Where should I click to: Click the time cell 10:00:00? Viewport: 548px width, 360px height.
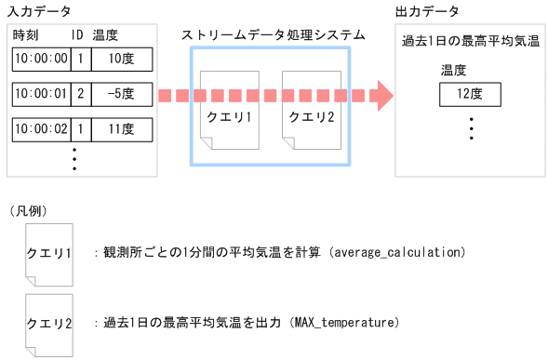point(39,59)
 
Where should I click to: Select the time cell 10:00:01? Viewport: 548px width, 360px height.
point(39,93)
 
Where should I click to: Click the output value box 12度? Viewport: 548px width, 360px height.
point(470,94)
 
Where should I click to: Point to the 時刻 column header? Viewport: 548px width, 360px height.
point(25,34)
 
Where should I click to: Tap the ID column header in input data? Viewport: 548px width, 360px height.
point(78,34)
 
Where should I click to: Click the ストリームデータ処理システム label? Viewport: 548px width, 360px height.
point(273,34)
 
